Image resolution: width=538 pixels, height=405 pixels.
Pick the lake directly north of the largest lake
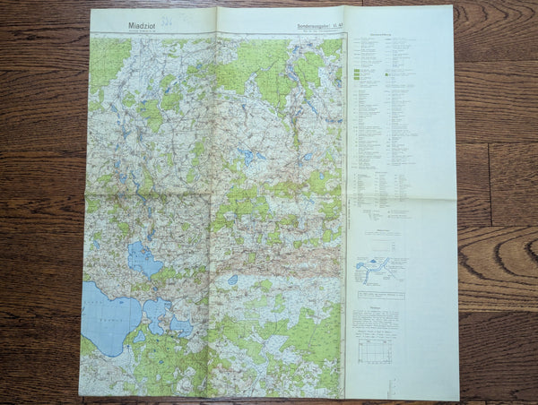point(143,260)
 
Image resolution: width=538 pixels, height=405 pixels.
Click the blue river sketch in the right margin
point(382,269)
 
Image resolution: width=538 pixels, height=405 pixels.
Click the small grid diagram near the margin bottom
point(376,351)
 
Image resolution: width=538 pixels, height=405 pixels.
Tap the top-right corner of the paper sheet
point(452,7)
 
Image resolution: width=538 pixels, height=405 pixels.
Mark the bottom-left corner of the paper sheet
point(79,396)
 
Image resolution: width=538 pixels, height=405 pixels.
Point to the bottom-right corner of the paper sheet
point(458,400)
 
